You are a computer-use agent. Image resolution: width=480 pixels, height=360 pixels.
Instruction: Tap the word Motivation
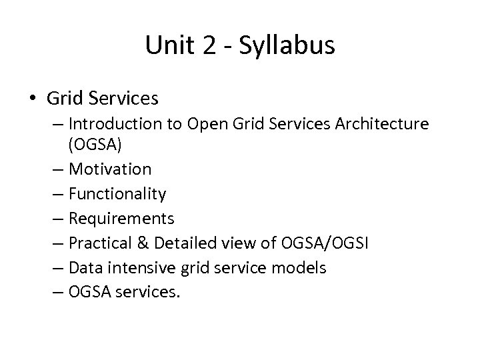coord(119,169)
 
